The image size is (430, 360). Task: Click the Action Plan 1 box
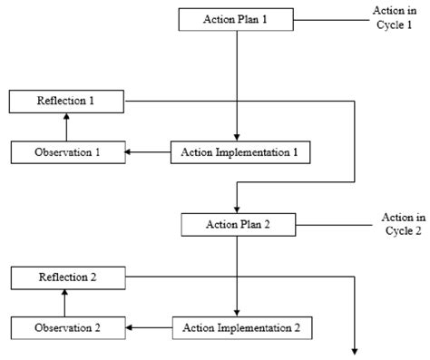tap(237, 19)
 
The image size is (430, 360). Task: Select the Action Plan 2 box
tap(237, 223)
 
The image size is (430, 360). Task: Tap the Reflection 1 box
tap(65, 101)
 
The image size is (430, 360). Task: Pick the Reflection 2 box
tap(65, 277)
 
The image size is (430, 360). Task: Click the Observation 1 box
tap(67, 152)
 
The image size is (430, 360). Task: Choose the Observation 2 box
tap(67, 326)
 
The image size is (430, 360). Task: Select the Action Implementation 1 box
tap(240, 152)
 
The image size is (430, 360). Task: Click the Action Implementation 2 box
tap(242, 326)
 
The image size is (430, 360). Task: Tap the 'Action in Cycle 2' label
tap(401, 223)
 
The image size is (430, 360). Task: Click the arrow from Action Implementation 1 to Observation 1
tap(148, 152)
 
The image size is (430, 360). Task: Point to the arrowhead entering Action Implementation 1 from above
tap(237, 138)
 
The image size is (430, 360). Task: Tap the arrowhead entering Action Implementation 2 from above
tap(237, 311)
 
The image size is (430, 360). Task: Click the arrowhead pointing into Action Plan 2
tap(237, 208)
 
